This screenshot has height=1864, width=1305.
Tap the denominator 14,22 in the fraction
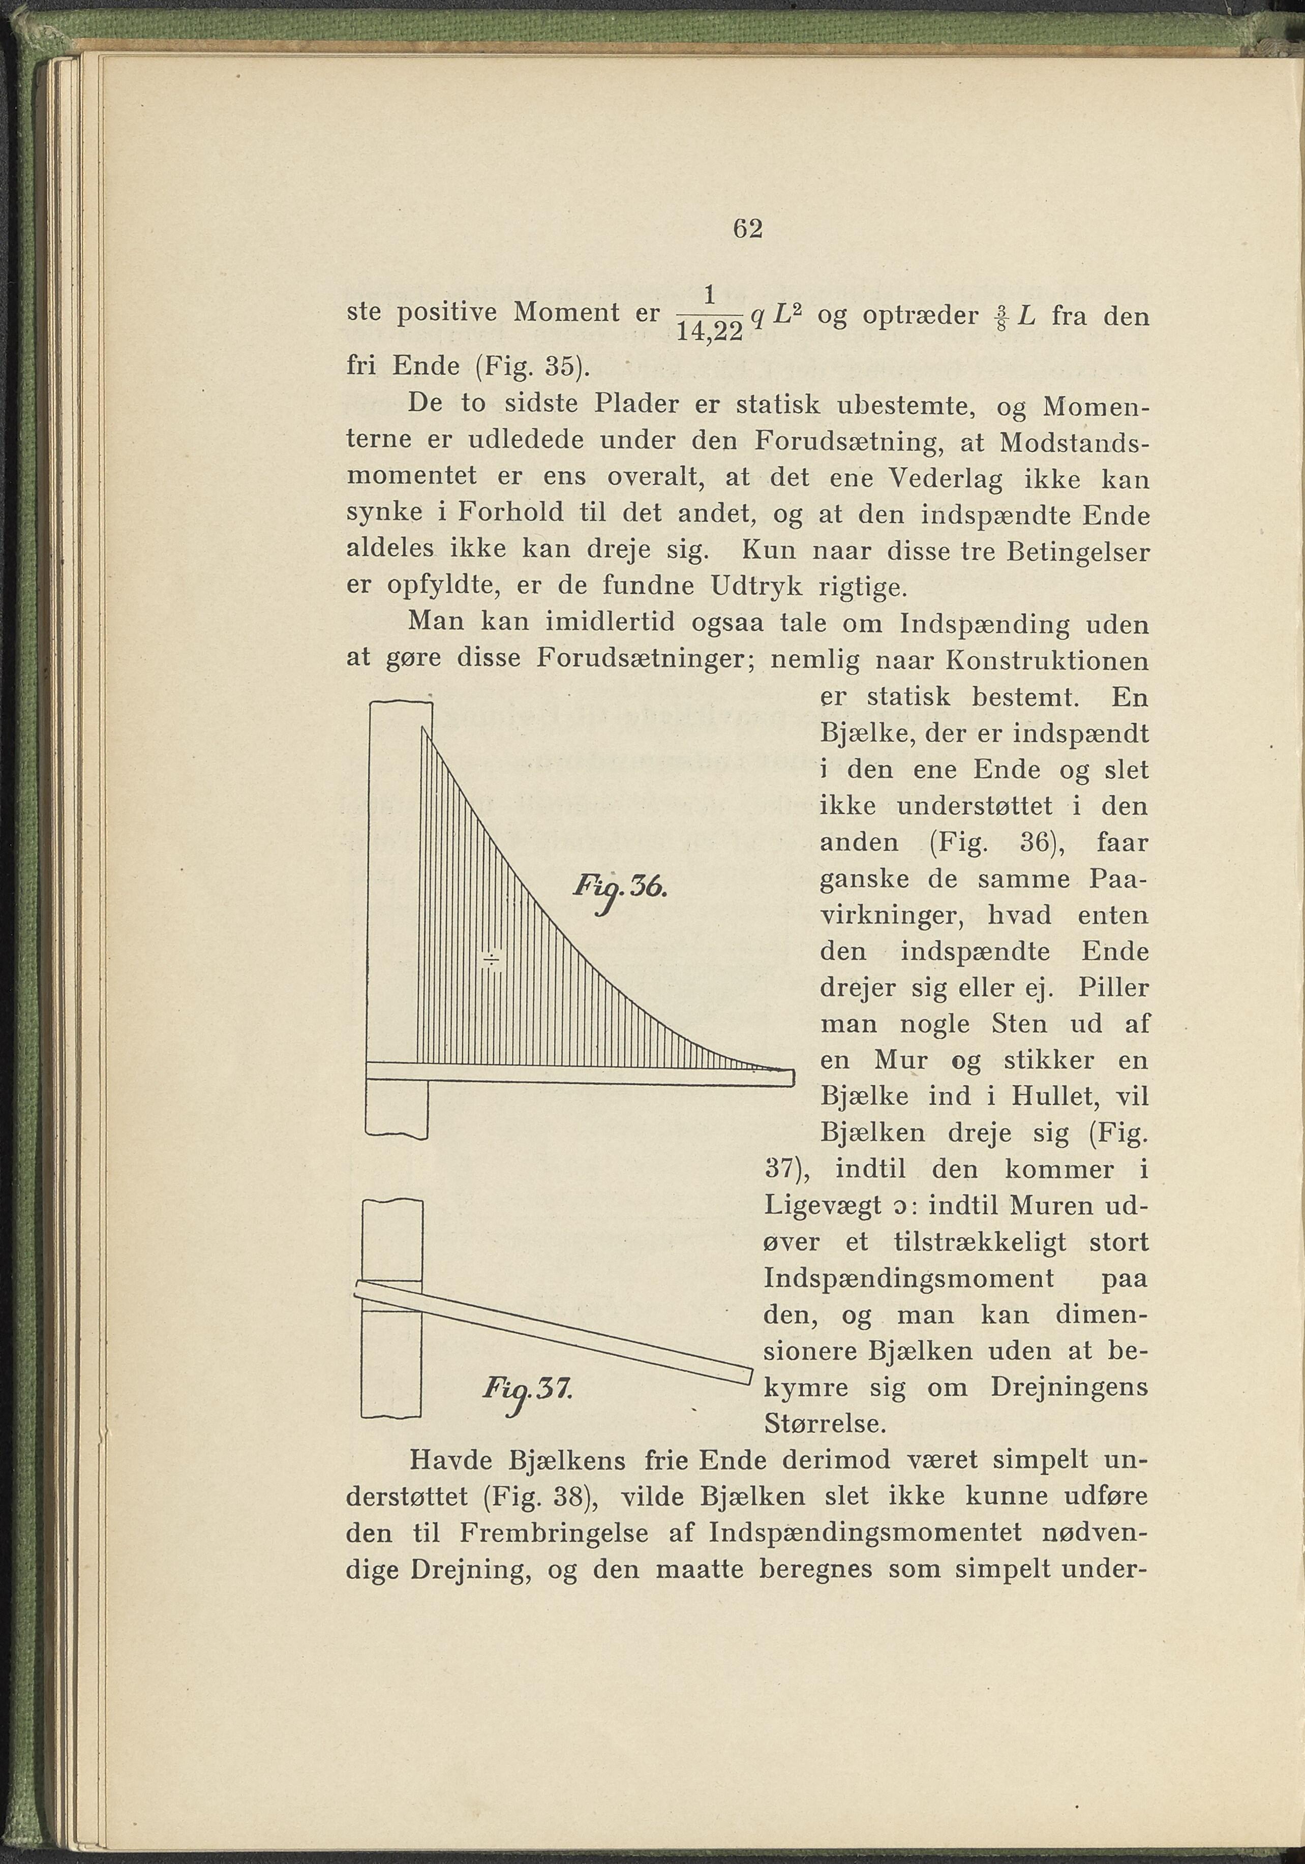click(709, 332)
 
